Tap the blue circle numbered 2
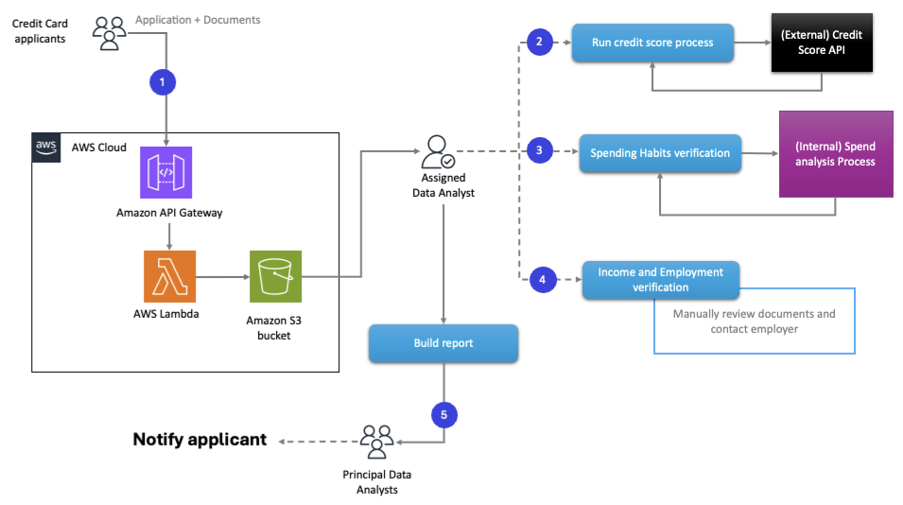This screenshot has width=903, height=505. (x=539, y=43)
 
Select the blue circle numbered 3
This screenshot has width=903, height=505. (x=539, y=150)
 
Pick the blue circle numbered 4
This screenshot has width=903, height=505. (x=542, y=280)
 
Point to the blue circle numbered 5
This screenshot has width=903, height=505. (x=444, y=414)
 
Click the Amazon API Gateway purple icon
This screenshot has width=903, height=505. (x=166, y=171)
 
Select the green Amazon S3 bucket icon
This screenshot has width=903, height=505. (x=275, y=276)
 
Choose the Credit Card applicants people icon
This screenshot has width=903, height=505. (x=110, y=32)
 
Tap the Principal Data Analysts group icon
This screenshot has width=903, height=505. (x=376, y=442)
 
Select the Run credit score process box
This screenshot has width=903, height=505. (x=652, y=44)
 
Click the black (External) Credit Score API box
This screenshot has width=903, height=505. (x=821, y=43)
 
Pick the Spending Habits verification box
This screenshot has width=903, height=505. (x=660, y=152)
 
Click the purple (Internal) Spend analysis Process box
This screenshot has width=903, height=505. (x=835, y=154)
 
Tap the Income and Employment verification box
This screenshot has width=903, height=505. (x=660, y=280)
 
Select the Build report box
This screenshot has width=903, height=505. (x=443, y=343)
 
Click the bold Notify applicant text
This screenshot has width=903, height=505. (x=200, y=440)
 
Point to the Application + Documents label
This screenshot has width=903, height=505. (x=198, y=19)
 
